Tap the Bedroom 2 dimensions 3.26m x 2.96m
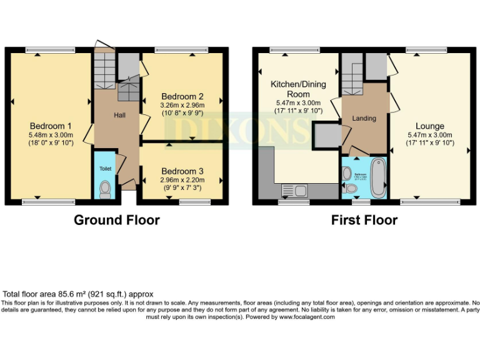tap(182, 106)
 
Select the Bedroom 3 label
tap(182, 171)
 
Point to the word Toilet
tap(104, 169)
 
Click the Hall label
tap(119, 116)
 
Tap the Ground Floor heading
tap(116, 220)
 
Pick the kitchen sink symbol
tap(294, 190)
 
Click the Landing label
tap(364, 118)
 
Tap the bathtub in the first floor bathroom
tap(377, 177)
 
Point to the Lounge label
tap(429, 126)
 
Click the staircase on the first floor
tap(352, 74)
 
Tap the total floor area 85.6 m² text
tap(78, 294)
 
